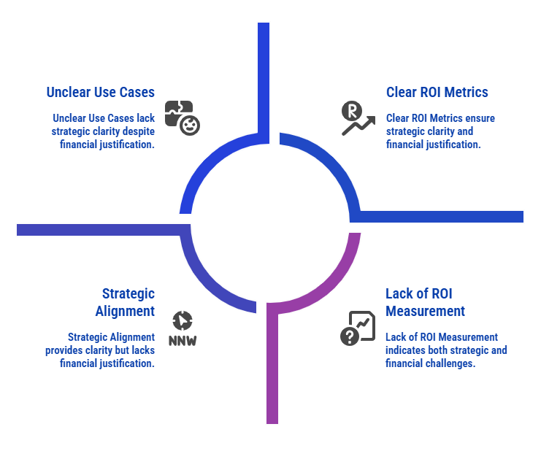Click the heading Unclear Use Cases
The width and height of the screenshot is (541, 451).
100,93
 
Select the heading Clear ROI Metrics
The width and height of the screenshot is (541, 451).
437,93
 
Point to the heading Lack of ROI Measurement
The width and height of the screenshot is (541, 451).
425,302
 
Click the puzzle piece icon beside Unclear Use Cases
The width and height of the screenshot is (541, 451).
182,117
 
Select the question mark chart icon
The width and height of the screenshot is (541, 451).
357,328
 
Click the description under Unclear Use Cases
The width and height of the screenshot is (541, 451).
104,131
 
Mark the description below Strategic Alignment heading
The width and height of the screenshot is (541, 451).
110,350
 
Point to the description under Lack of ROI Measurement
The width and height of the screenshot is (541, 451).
445,350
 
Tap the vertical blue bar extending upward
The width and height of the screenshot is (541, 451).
264,73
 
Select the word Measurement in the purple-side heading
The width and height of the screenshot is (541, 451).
425,311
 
